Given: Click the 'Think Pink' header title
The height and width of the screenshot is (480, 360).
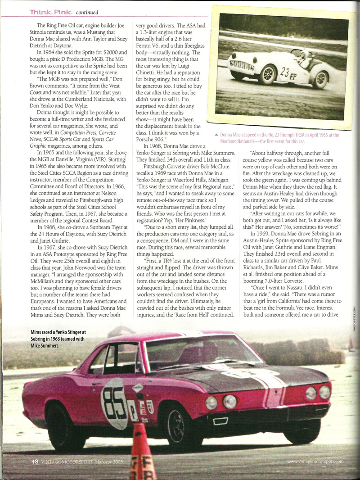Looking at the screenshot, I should click(50, 12).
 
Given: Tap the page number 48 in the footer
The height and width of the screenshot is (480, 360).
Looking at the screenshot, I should click(35, 462).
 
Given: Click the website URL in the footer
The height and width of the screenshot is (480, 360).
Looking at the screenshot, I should click(315, 462).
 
